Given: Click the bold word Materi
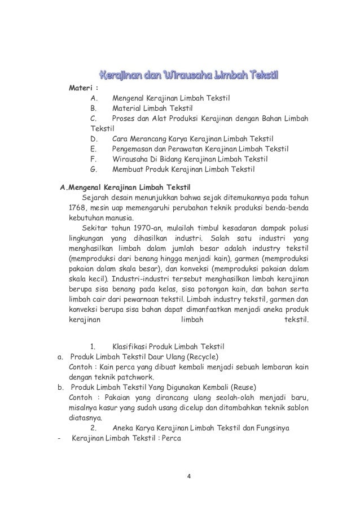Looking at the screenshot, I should [80, 88].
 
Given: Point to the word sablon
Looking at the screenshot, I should [296, 408].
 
